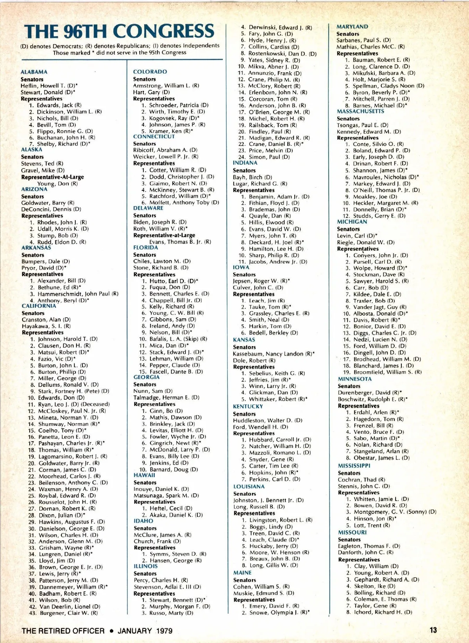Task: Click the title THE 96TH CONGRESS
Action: [119, 31]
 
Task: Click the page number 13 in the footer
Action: [433, 630]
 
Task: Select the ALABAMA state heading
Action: [34, 72]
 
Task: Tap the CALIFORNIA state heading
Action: [39, 306]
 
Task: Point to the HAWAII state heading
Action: [144, 475]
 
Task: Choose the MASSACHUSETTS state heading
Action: [360, 111]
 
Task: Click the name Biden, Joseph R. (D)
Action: [160, 222]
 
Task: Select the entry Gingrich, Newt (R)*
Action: [175, 443]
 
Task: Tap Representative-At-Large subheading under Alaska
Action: [52, 177]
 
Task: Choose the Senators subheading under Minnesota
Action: [349, 386]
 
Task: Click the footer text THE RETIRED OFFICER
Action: [63, 631]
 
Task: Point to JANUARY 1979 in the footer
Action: [145, 631]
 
